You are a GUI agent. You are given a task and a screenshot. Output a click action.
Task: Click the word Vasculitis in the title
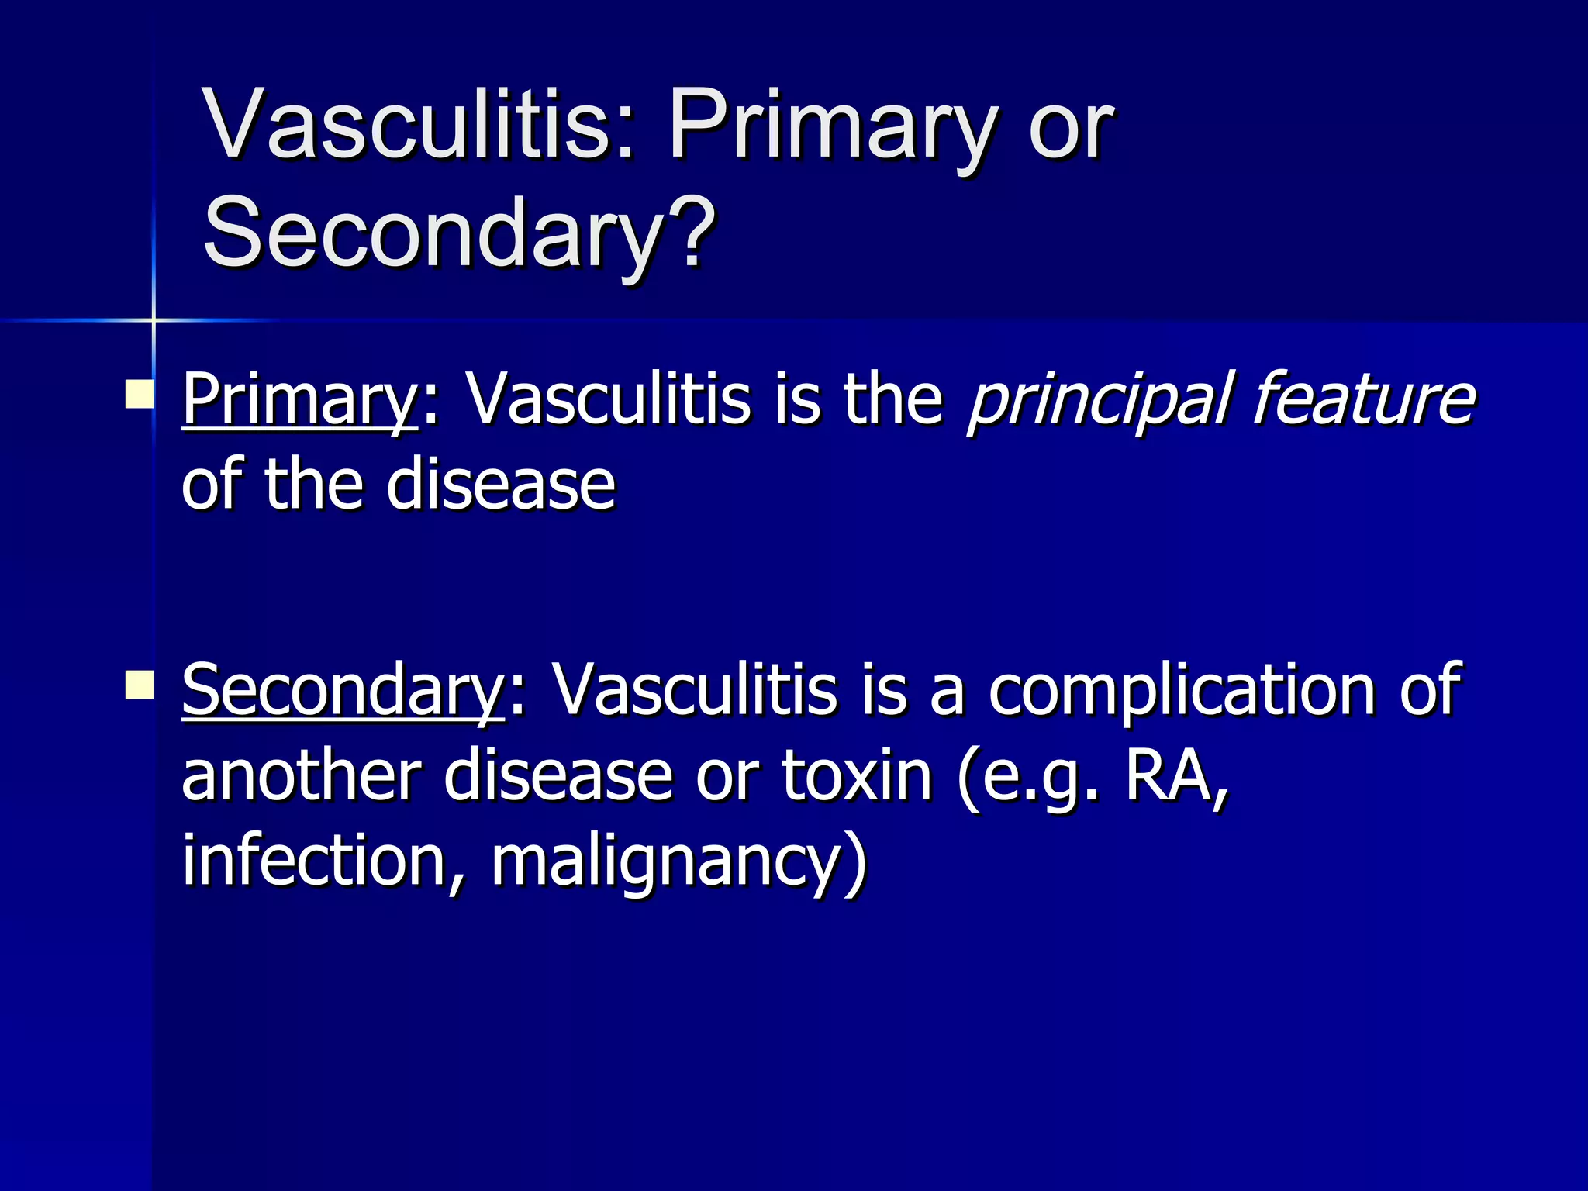tap(419, 124)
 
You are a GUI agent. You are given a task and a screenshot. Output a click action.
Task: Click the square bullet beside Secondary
tap(140, 684)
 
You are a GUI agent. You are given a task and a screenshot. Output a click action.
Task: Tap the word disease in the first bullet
tap(500, 485)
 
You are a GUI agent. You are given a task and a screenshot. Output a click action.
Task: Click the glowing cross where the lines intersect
tap(154, 319)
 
